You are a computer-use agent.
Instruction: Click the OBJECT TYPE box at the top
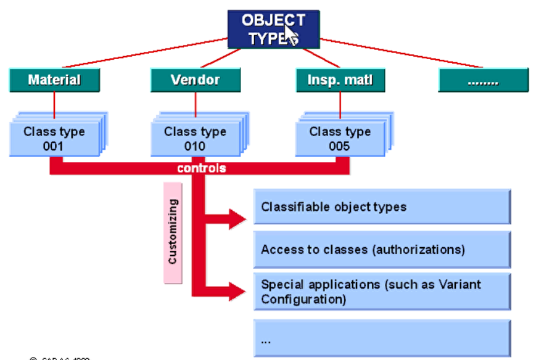click(x=273, y=29)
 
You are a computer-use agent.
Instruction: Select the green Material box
click(x=54, y=80)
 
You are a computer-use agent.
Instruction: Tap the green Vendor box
click(x=195, y=80)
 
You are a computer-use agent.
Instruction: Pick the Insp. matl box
click(x=339, y=80)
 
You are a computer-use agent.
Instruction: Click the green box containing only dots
click(x=483, y=81)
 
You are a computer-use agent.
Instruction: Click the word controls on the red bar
click(x=202, y=168)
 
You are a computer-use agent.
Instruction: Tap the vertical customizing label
click(x=173, y=231)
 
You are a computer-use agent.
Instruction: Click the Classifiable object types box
click(x=382, y=207)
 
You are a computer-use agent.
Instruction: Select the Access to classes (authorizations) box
click(x=382, y=250)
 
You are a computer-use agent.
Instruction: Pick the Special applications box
click(x=382, y=292)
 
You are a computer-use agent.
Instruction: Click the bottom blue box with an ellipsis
click(x=382, y=339)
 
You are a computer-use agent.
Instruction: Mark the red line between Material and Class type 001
click(x=54, y=106)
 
